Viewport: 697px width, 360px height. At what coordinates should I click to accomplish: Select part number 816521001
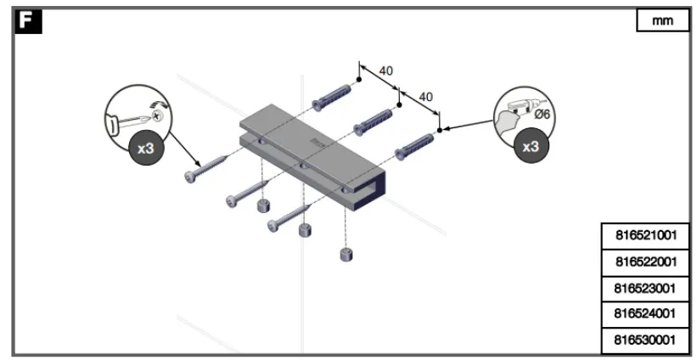645,234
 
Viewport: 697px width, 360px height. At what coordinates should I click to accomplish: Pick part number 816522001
645,261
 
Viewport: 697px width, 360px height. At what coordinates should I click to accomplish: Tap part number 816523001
645,287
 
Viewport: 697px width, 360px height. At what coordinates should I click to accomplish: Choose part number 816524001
645,313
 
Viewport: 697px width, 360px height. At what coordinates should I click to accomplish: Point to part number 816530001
645,340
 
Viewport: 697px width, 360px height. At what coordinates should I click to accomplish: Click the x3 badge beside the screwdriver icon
146,148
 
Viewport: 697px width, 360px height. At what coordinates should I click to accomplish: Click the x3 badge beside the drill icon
531,145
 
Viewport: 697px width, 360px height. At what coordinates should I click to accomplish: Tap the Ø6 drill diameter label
544,113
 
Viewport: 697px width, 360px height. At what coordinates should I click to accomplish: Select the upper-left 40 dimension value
385,70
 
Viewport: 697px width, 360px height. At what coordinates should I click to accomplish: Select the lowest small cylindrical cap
346,254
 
